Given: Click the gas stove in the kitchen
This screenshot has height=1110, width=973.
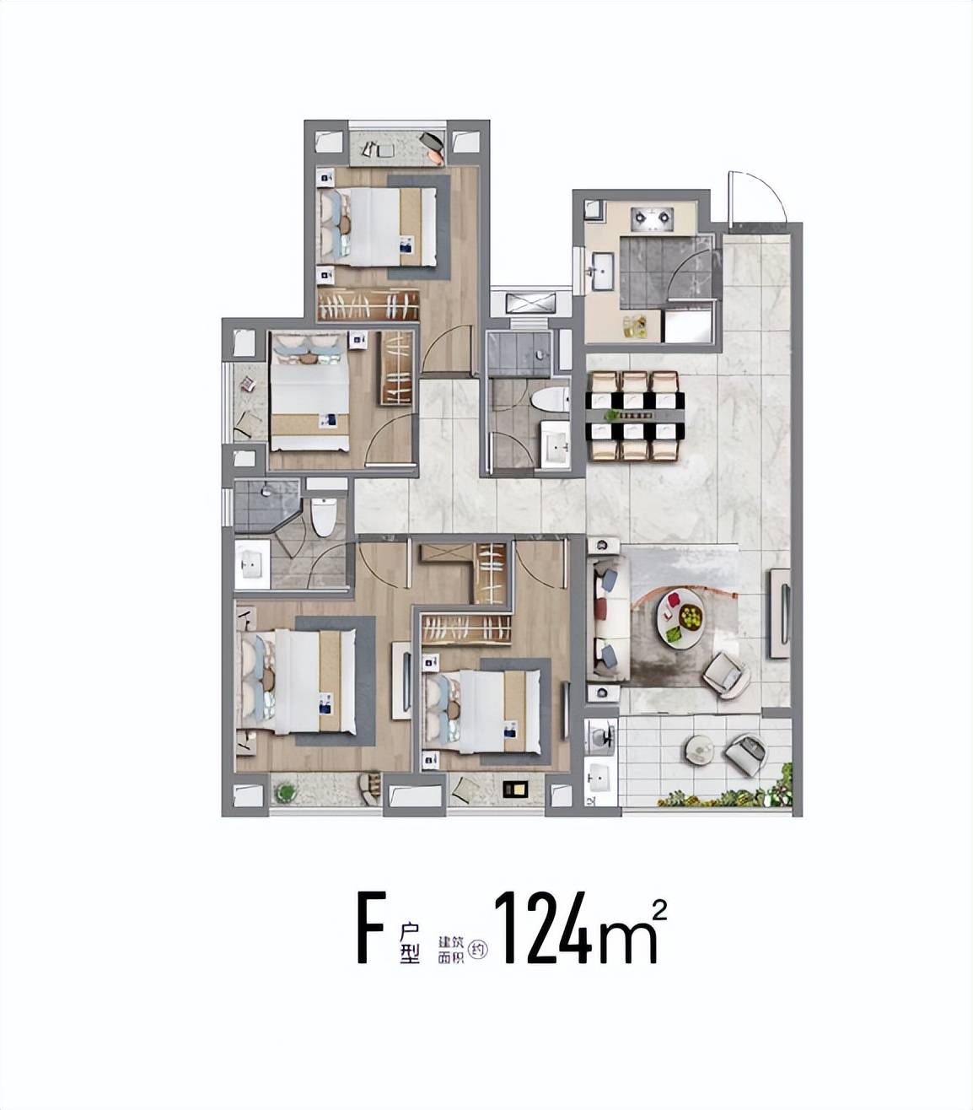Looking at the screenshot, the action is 653,219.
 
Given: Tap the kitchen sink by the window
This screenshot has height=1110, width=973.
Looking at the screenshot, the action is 603,271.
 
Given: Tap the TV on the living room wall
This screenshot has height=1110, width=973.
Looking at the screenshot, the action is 784,614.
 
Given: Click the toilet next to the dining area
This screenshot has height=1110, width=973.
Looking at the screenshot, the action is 551,400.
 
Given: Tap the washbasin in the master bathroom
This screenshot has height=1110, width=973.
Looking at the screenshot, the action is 252,564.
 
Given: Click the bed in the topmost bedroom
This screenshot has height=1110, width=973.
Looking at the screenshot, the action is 378,227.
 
